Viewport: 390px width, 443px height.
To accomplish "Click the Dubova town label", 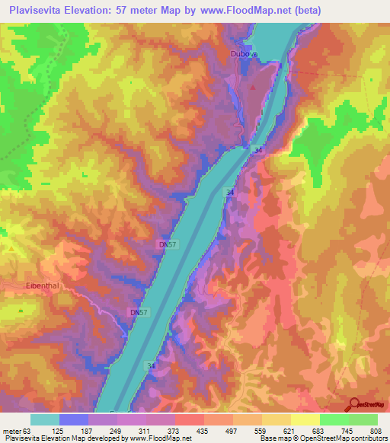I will pyautogui.click(x=245, y=53).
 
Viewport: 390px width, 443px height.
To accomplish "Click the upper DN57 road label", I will pyautogui.click(x=169, y=244).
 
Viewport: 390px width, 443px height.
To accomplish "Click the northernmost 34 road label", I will pyautogui.click(x=259, y=151).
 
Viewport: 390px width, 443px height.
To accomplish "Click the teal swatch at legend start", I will pyautogui.click(x=45, y=419).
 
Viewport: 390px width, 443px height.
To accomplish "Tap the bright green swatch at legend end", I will pyautogui.click(x=363, y=419).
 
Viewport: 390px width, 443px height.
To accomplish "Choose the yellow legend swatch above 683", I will pyautogui.click(x=305, y=419).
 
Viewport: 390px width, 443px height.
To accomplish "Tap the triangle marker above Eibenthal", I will pyautogui.click(x=11, y=248).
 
